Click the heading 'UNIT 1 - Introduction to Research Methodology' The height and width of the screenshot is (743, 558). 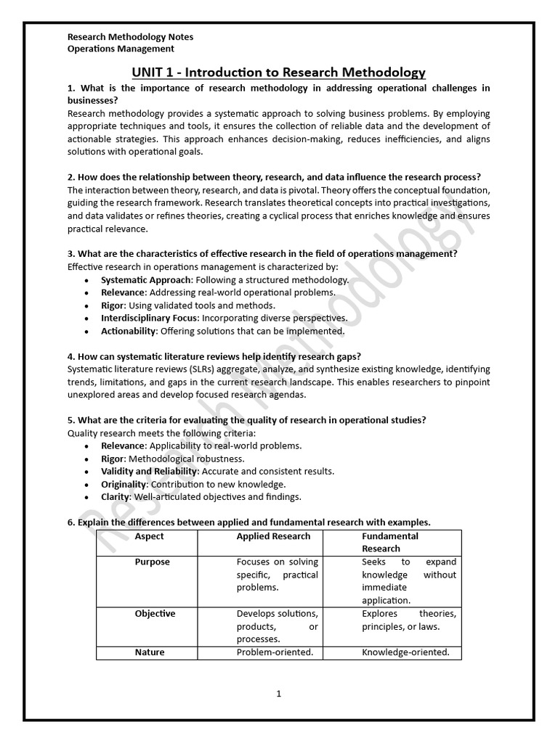(278, 72)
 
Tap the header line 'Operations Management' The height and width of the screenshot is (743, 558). (121, 49)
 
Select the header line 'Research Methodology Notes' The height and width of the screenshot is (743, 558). (130, 36)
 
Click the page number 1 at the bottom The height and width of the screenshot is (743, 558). (278, 694)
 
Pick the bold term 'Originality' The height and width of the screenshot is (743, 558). (124, 484)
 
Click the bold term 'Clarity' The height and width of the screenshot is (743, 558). (115, 497)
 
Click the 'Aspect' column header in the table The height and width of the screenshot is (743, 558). (150, 536)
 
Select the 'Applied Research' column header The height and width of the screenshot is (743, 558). (273, 536)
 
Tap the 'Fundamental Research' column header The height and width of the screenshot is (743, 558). (390, 542)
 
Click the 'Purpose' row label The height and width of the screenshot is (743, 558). (153, 562)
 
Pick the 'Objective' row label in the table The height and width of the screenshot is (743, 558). (155, 614)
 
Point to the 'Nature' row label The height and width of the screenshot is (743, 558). (150, 652)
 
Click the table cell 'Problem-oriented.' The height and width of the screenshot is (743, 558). (275, 652)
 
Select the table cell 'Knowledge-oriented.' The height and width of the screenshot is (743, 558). (405, 652)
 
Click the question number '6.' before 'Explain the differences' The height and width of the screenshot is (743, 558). (71, 522)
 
